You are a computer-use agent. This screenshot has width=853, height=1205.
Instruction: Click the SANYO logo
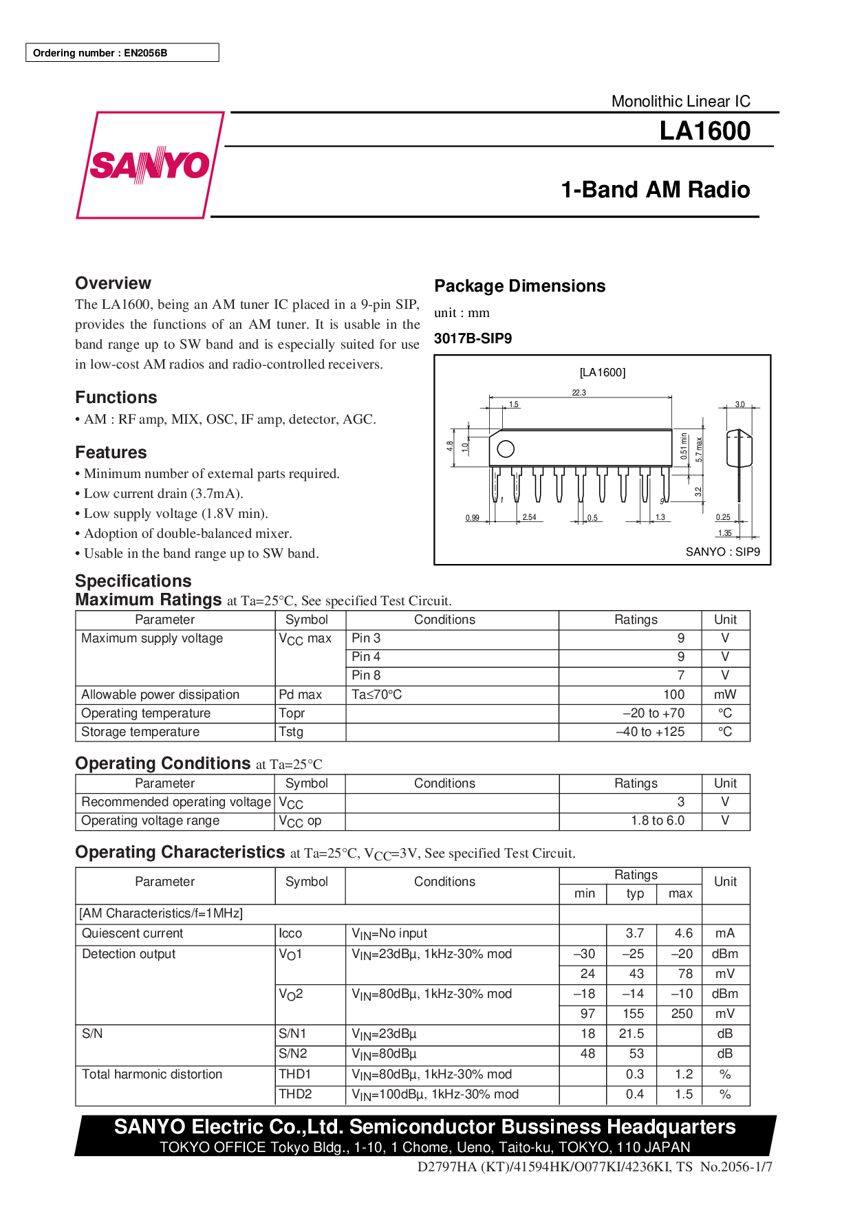coord(149,165)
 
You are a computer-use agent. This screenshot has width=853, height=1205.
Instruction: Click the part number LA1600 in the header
coord(704,131)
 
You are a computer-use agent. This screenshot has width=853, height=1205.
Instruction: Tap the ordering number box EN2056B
coord(122,53)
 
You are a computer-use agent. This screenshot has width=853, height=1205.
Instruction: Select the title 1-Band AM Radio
coord(655,189)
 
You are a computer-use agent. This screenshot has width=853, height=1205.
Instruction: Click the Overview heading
coord(113,283)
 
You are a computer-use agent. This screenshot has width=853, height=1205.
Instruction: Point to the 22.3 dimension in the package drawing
coord(579,393)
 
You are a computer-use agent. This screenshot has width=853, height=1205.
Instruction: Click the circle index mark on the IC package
coord(506,449)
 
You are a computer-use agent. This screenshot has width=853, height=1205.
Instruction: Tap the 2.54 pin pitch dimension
coord(529,517)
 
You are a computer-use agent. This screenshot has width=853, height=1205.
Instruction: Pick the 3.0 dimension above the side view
coord(739,404)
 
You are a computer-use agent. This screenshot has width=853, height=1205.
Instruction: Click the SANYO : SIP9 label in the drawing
coord(722,552)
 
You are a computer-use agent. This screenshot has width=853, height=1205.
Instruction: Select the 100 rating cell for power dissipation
coord(673,695)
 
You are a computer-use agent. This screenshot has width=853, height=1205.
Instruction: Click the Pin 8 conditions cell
coord(366,675)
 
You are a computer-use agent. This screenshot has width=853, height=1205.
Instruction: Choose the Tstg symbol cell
coord(291,732)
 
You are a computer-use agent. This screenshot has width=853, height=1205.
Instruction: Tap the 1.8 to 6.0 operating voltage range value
coord(658,821)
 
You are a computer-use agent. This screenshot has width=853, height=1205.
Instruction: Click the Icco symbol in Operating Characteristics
coord(290,933)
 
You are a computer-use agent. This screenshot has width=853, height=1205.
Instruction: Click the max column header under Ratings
coord(680,893)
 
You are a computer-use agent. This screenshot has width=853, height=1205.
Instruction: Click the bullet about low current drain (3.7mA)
coord(163,493)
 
